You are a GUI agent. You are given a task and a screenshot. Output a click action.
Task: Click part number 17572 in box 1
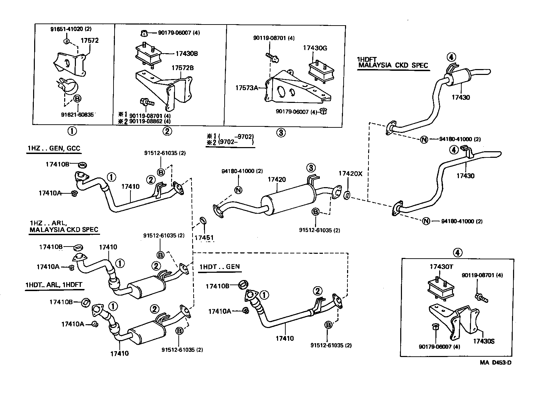click(90, 40)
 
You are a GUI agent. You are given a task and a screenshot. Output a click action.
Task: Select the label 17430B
click(186, 54)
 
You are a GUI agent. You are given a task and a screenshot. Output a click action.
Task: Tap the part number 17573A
click(247, 88)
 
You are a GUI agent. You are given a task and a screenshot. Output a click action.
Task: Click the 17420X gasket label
click(350, 174)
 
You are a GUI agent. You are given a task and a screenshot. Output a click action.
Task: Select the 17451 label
click(204, 238)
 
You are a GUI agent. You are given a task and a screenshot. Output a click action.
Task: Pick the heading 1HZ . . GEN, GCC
click(54, 148)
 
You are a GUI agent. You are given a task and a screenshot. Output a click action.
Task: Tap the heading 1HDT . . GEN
click(219, 267)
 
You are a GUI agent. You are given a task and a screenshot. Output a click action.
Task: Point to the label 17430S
click(484, 341)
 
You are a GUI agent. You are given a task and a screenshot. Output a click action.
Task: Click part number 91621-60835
click(76, 114)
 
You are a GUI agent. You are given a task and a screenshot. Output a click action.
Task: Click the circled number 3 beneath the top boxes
click(281, 132)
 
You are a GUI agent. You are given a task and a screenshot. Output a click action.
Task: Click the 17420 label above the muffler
click(277, 180)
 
